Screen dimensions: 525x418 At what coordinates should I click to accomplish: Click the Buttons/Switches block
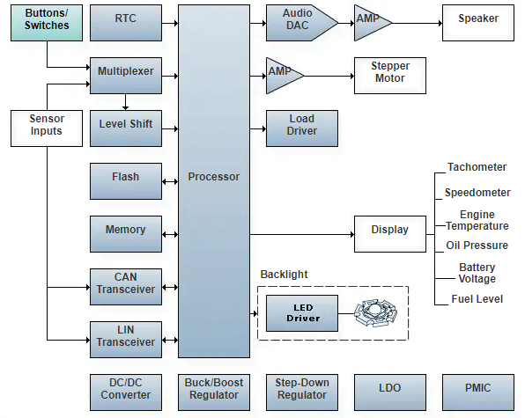[47, 23]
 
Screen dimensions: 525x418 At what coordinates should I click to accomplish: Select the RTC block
[126, 23]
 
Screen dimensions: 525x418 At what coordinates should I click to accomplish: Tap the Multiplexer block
[126, 76]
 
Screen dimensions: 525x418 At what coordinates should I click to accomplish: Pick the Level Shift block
[126, 128]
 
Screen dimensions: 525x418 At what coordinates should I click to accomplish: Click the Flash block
[126, 181]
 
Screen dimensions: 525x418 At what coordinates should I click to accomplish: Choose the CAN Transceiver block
[126, 287]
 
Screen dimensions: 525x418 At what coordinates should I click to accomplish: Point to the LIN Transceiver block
[126, 340]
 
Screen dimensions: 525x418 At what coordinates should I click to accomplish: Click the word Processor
[214, 177]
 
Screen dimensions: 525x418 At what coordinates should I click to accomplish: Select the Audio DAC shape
[302, 23]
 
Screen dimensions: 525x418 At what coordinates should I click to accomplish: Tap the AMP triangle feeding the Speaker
[371, 23]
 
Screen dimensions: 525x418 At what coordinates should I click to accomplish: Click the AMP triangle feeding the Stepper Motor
[283, 76]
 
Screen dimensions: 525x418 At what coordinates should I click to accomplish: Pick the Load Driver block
[302, 128]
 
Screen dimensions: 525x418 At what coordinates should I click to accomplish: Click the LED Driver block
[302, 313]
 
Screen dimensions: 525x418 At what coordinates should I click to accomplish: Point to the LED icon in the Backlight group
[375, 313]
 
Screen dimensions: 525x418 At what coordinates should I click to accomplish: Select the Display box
[390, 234]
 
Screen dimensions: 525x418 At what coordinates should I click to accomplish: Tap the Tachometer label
[477, 167]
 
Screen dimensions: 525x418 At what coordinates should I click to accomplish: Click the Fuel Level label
[477, 299]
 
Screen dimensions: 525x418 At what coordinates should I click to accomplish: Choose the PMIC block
[478, 392]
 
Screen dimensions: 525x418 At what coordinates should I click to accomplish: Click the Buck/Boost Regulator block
[214, 392]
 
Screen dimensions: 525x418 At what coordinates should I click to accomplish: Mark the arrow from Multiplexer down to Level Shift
[126, 102]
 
